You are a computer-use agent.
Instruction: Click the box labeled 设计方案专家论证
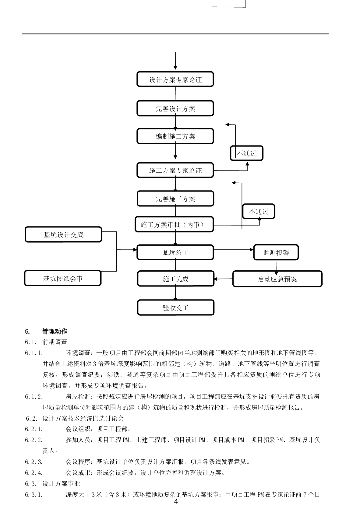click(175, 80)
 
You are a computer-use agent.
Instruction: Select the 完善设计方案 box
click(175, 108)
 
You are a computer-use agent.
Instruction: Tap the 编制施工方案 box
click(175, 136)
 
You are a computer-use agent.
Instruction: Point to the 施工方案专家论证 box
click(175, 170)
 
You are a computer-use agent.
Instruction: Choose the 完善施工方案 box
click(175, 199)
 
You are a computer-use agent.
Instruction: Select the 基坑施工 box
click(175, 253)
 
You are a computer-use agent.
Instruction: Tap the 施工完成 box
click(175, 279)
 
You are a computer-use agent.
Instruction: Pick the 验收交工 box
click(175, 307)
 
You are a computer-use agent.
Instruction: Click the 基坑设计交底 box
click(63, 234)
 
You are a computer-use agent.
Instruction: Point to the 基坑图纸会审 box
click(63, 278)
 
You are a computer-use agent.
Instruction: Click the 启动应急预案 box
click(277, 279)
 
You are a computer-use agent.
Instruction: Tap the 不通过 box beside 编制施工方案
click(246, 153)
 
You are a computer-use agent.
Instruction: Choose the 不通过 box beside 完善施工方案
click(258, 211)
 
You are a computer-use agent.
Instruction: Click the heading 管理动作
click(55, 331)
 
